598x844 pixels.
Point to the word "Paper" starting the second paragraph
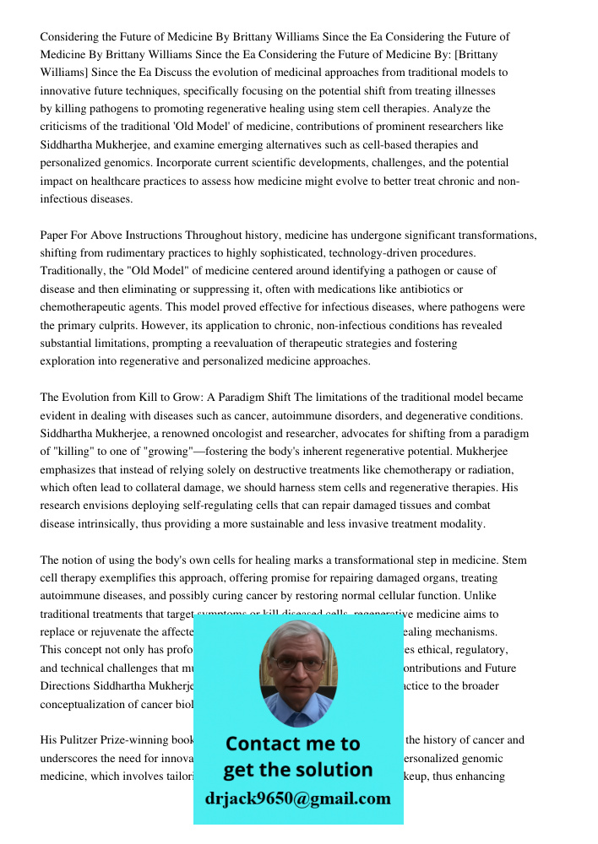55,235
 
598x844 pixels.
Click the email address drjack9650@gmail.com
298,798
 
